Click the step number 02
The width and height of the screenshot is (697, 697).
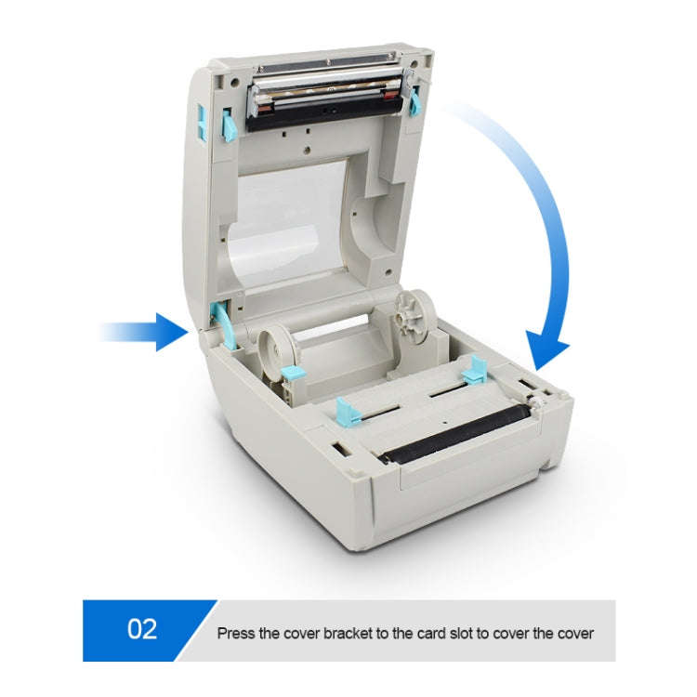pyautogui.click(x=141, y=630)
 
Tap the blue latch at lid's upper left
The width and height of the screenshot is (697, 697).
pyautogui.click(x=228, y=125)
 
